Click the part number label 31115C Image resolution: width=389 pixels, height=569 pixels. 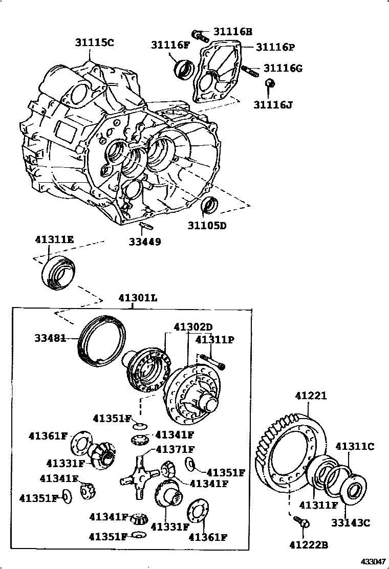pos(94,43)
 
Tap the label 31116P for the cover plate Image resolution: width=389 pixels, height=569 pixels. pos(275,47)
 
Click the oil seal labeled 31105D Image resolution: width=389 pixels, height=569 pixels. pos(209,205)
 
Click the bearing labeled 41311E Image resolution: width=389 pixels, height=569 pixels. pos(58,273)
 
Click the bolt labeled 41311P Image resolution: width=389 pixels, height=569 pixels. pos(213,361)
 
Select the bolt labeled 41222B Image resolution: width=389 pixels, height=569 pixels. pos(301,522)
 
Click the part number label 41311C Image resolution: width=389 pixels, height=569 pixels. pos(355,446)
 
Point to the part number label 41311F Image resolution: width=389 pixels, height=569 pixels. pos(319,506)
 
